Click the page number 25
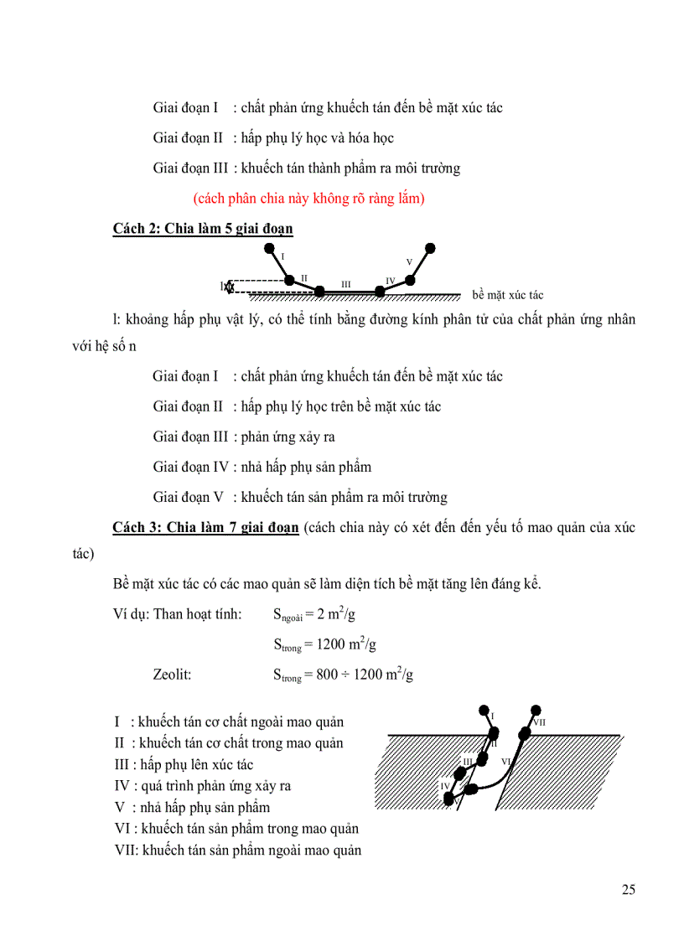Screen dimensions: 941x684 pos(628,889)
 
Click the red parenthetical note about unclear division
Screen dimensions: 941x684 pos(308,199)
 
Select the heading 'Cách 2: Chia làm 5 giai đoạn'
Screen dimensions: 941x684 pos(203,229)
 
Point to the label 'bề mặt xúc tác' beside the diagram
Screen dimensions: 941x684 pos(507,295)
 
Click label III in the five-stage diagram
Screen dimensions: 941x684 pos(345,283)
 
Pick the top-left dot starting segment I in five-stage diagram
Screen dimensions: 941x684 pos(269,248)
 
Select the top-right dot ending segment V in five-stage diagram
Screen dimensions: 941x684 pos(430,248)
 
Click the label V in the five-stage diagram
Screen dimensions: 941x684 pos(409,262)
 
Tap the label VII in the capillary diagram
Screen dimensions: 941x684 pos(539,721)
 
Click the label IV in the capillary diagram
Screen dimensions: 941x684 pos(445,785)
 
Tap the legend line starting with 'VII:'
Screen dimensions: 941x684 pos(237,851)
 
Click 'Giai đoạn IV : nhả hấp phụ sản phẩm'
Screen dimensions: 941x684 pos(262,467)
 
